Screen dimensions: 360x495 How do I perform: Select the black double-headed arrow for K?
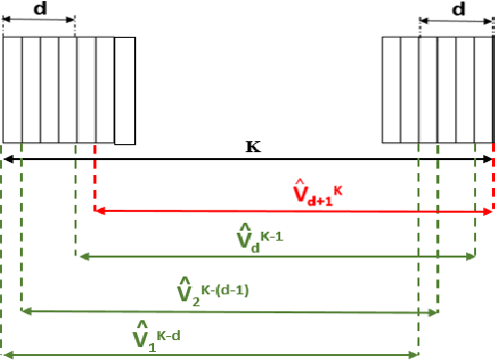point(247,159)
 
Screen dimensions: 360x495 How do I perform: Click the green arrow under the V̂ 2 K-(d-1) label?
point(229,311)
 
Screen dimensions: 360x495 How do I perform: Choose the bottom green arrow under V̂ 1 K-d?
point(210,353)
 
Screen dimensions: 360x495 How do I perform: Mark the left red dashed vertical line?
point(94,179)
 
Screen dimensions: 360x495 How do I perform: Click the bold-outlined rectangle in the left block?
point(124,90)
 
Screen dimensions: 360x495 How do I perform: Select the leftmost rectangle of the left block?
point(12,90)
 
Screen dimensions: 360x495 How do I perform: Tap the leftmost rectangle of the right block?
point(392,90)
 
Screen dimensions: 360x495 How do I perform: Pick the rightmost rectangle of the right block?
point(484,90)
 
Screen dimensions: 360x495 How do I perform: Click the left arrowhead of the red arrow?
point(98,211)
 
